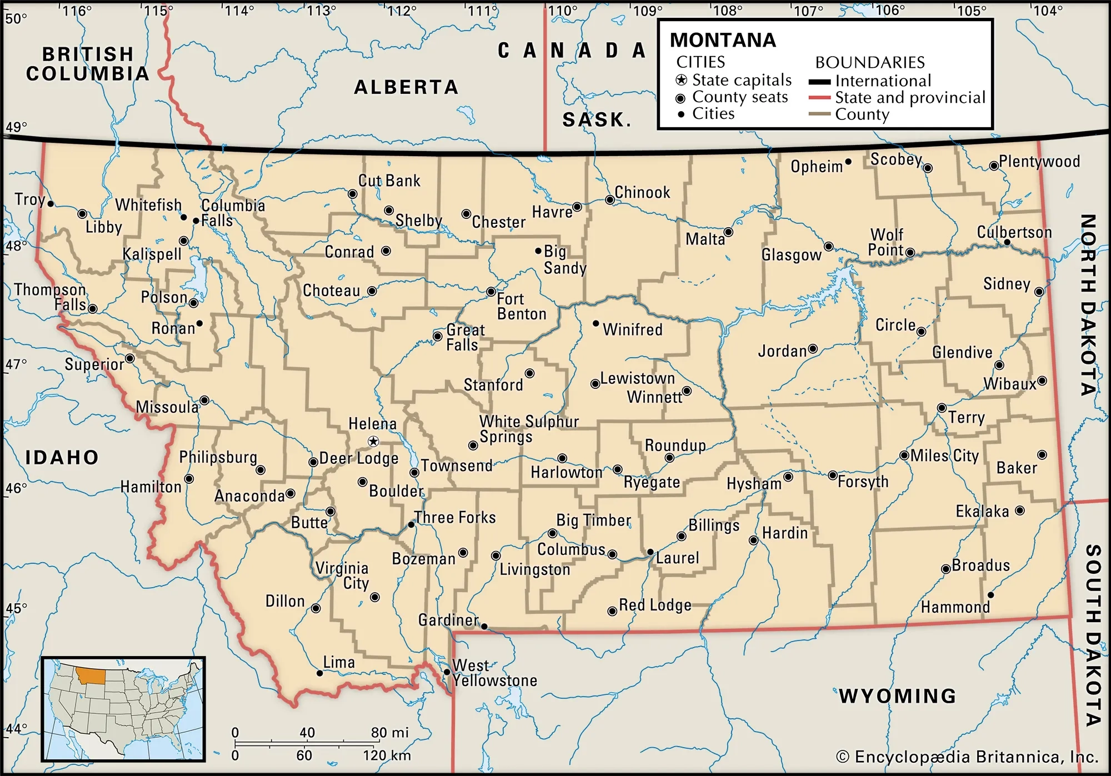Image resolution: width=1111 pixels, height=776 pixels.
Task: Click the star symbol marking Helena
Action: click(373, 442)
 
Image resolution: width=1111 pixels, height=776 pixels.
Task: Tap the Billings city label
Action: click(714, 525)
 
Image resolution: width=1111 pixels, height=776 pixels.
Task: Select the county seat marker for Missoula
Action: click(204, 400)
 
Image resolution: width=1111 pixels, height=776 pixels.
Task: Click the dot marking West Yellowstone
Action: click(447, 672)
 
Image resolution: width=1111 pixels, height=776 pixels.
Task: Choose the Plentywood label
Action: click(1039, 162)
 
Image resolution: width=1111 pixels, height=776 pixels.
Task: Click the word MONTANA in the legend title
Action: click(722, 40)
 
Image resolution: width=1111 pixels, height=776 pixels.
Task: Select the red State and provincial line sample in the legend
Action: click(819, 98)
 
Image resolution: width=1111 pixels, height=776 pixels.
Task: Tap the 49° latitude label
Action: click(16, 127)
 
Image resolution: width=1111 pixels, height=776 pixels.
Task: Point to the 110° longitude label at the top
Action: click(561, 11)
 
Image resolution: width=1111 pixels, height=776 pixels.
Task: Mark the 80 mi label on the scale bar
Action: click(389, 733)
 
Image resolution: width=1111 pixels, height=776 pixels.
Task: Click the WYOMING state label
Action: click(897, 695)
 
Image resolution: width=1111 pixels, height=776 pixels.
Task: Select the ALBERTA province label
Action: click(406, 87)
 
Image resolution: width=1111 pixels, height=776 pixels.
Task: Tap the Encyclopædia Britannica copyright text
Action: click(967, 757)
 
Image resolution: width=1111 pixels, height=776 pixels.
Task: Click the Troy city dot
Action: click(51, 204)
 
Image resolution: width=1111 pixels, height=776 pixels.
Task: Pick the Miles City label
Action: click(944, 456)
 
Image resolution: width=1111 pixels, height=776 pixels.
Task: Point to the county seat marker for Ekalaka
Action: click(1020, 510)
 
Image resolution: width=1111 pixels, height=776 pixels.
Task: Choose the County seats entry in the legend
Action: click(739, 97)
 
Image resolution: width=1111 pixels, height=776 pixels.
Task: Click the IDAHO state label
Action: click(62, 457)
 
